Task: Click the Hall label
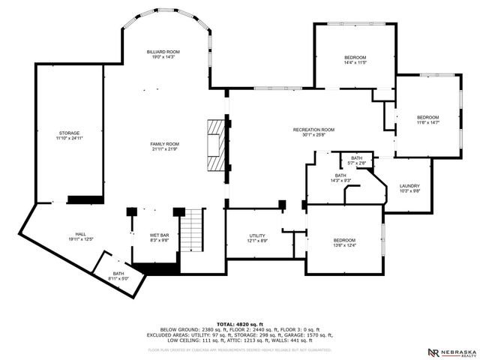coord(80,235)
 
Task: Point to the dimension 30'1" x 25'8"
coord(313,136)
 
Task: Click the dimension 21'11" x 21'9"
coord(163,149)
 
